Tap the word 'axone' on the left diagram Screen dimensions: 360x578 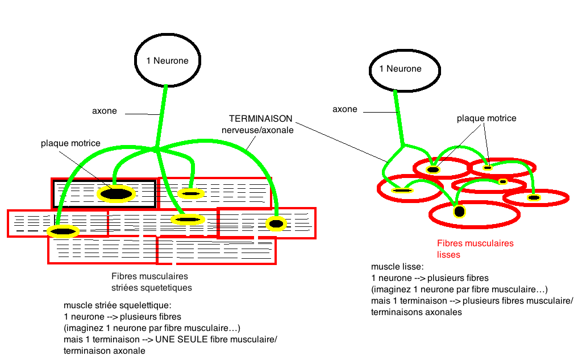105,111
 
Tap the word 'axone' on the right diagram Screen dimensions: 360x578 345,109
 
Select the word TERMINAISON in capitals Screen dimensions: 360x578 260,119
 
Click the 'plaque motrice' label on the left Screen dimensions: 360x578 70,143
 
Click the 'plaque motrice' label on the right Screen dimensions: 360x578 486,118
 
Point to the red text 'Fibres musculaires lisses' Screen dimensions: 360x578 475,249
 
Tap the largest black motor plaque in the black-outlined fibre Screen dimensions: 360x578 115,195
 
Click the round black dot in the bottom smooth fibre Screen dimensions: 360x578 459,212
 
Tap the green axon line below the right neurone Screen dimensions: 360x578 400,117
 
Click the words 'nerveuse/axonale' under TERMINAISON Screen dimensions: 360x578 257,130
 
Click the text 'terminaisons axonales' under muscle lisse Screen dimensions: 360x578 415,312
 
